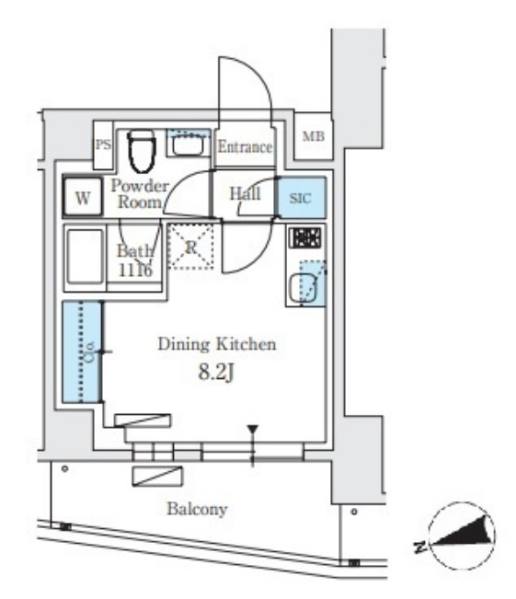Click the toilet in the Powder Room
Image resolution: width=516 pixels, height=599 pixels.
click(142, 151)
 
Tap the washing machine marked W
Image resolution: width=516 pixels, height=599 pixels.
click(83, 197)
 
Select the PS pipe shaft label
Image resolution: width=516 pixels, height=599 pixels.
click(103, 144)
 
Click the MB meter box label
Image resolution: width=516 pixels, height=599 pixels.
click(314, 136)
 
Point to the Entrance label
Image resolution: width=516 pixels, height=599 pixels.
click(245, 146)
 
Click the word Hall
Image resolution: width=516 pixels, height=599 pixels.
click(245, 193)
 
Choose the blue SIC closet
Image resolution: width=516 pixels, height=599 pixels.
click(302, 198)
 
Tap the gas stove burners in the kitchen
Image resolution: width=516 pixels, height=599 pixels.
click(304, 237)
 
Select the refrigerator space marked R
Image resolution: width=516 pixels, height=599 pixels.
click(190, 247)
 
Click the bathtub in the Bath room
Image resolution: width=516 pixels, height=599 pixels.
click(86, 256)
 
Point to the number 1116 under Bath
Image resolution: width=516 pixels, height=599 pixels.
click(135, 271)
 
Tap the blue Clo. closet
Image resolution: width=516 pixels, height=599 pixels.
click(82, 351)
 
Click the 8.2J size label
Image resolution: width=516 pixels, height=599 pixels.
click(216, 372)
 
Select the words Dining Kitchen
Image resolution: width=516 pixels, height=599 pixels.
click(216, 344)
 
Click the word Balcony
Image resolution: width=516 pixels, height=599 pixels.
click(197, 509)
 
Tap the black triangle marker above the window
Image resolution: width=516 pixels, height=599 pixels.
click(252, 429)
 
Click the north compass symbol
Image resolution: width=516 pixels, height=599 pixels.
click(462, 535)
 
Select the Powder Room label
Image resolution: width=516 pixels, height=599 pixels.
click(140, 193)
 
